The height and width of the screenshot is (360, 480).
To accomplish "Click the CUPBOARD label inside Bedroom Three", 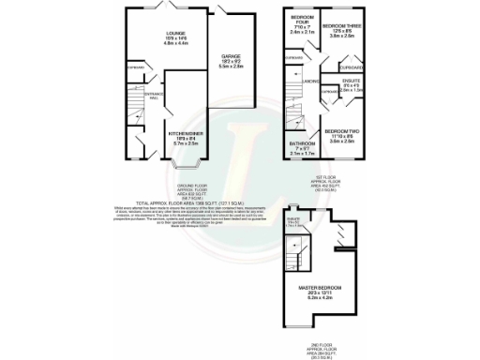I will [x=351, y=67].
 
